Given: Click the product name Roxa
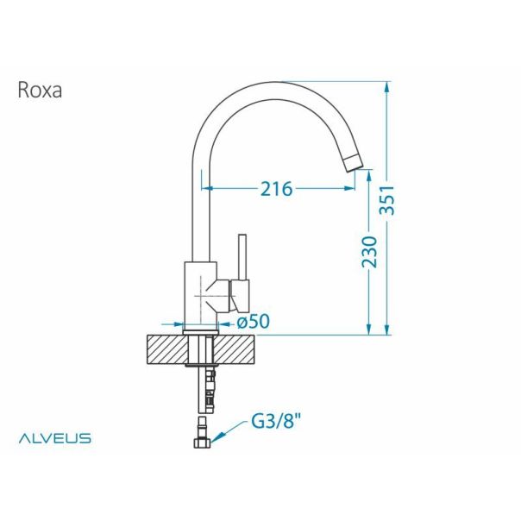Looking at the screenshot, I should click(x=39, y=91).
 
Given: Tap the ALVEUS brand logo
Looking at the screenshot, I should click(x=55, y=438).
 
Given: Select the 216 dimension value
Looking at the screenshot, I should click(x=277, y=188).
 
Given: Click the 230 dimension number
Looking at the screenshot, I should click(x=369, y=251).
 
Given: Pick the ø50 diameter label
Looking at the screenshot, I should click(x=253, y=321).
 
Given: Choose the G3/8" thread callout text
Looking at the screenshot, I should click(x=277, y=424).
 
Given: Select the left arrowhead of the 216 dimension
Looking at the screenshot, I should click(x=206, y=188).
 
